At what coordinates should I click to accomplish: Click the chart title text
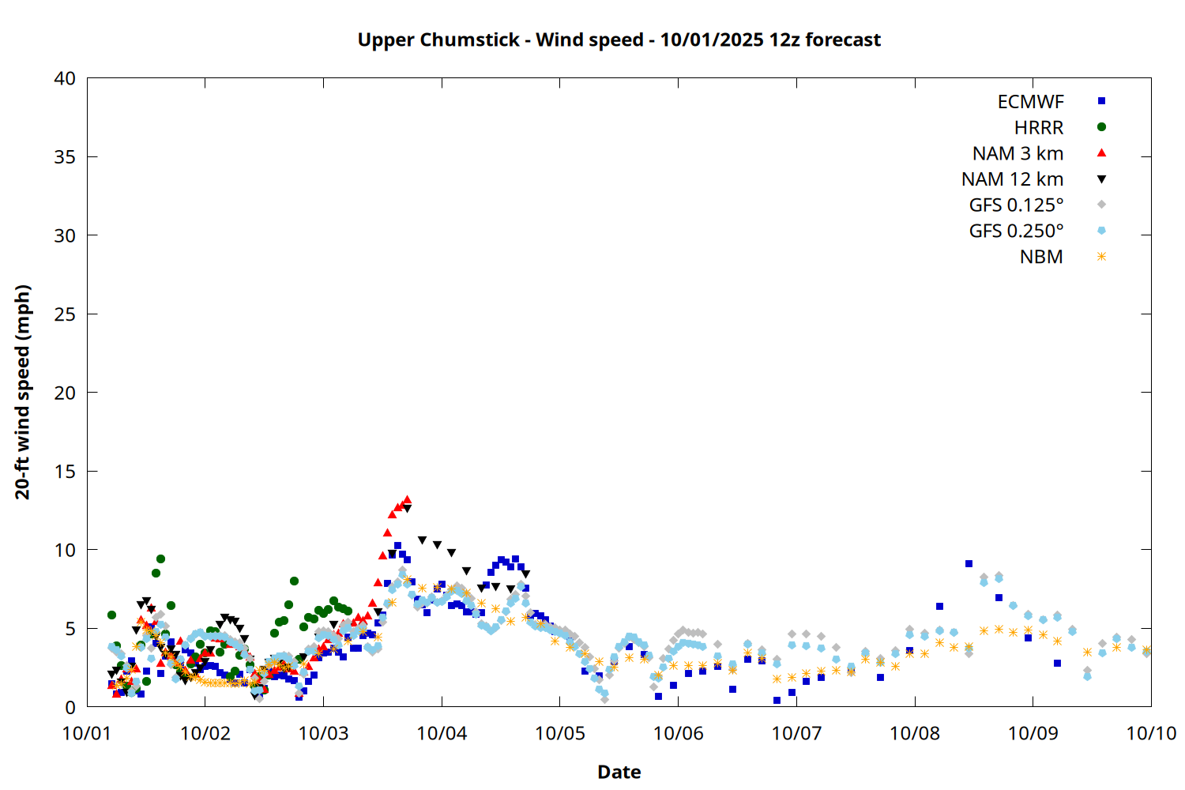pos(619,39)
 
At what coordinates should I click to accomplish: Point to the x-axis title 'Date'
pos(619,772)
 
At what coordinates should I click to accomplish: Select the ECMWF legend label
pos(1030,102)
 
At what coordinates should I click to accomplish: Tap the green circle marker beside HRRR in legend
pos(1101,127)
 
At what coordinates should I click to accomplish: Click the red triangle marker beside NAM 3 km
pos(1101,153)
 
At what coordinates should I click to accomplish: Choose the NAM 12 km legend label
pos(1012,179)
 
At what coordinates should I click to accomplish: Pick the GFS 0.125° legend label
pos(1016,205)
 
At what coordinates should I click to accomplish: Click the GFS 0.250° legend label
pos(1016,231)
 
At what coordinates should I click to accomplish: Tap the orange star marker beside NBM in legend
pos(1101,257)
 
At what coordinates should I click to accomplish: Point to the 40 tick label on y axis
pos(65,78)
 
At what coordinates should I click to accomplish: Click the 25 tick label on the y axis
pos(65,314)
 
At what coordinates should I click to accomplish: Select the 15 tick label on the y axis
pos(65,472)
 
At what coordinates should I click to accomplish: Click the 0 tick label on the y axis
pos(70,707)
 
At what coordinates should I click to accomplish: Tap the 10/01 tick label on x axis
pos(87,733)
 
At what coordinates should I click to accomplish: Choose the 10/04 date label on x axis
pos(442,733)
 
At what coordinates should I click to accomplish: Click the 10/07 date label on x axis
pos(796,733)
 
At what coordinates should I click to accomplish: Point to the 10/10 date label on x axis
pos(1151,733)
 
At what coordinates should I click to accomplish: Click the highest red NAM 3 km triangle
pos(407,500)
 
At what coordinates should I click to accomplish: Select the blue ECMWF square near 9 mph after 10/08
pos(969,564)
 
